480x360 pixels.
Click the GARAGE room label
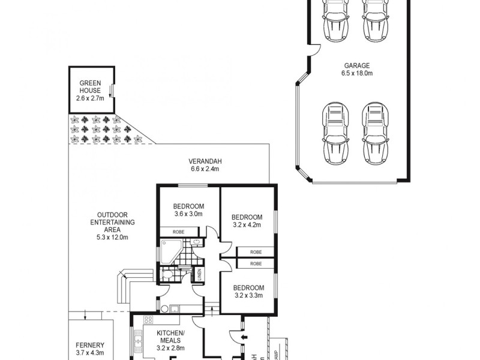356,70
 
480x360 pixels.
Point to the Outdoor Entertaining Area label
113,225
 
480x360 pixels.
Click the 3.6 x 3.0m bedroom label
188,209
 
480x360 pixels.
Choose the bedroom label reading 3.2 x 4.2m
247,221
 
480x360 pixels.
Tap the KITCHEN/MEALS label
171,340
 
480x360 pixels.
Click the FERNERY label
90,349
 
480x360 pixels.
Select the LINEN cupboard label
199,275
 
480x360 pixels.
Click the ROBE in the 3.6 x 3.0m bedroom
178,232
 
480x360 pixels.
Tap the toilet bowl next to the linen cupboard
170,275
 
